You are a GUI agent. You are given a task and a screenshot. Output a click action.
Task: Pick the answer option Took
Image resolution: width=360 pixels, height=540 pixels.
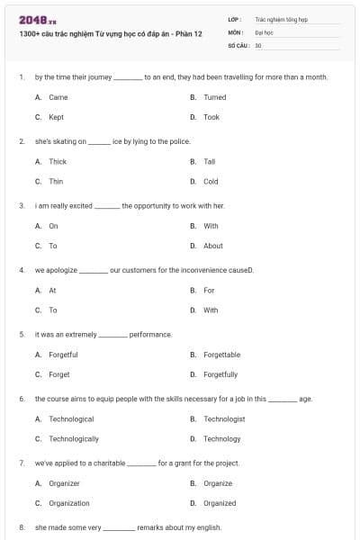point(211,117)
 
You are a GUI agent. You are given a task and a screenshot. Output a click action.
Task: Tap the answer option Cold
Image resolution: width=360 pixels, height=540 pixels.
point(211,181)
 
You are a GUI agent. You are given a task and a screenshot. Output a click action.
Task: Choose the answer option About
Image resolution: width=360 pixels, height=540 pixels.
point(213,246)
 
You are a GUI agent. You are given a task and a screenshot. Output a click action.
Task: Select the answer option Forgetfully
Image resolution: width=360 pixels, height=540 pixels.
point(220,374)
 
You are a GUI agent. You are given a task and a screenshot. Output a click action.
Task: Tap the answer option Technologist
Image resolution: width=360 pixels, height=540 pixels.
point(224,419)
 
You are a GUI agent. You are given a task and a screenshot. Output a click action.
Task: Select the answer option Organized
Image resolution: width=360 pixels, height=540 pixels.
point(220,503)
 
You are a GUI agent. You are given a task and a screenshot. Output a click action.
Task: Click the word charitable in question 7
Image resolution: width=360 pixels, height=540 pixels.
point(107,463)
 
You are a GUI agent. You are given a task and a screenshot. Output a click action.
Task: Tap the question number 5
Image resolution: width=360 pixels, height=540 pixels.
point(21,334)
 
